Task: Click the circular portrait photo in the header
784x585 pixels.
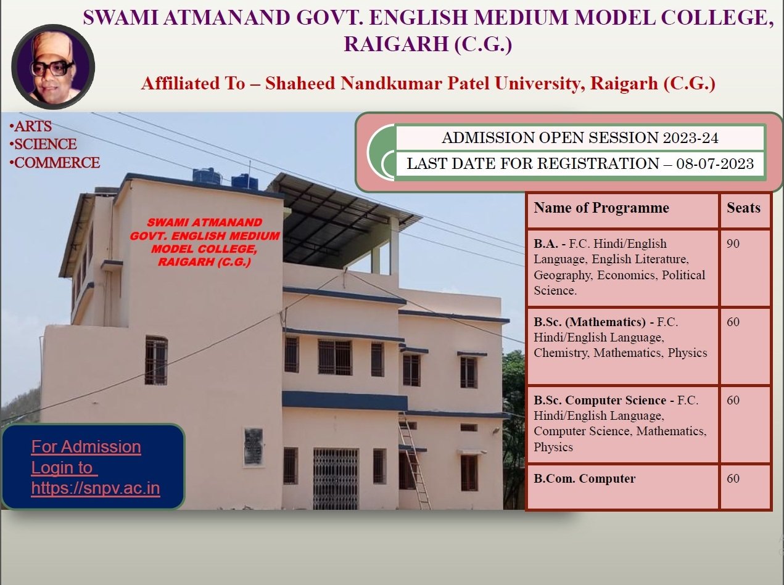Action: (53, 67)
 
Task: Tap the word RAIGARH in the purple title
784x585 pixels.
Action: (396, 44)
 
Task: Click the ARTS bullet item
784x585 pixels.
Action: (31, 126)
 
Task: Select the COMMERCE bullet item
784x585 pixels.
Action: (55, 163)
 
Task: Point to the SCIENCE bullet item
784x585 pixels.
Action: (43, 144)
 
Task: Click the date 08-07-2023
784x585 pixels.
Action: (715, 163)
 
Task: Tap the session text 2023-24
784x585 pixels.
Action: (690, 137)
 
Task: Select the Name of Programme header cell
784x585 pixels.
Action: (623, 210)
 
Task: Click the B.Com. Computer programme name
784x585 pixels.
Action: (584, 478)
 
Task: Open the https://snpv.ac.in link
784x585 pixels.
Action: (96, 488)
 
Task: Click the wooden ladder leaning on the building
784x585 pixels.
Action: (415, 460)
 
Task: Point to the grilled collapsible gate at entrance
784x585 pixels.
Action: (336, 478)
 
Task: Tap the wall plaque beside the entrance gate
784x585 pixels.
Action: (254, 447)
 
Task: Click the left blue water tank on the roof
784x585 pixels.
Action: (208, 178)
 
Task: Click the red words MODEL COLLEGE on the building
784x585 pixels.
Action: (204, 249)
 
